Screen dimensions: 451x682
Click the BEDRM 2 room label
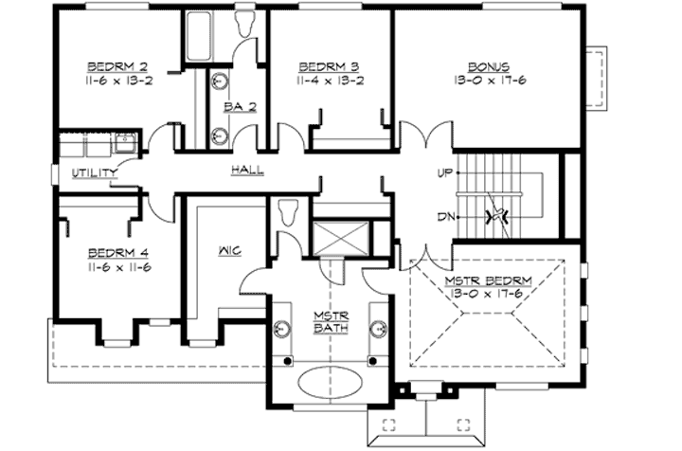click(x=117, y=67)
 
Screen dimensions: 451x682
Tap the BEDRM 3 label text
click(x=328, y=67)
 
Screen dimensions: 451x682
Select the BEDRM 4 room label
click(x=117, y=253)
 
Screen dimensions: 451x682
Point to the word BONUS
click(x=489, y=67)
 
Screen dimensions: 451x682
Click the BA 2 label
click(x=235, y=106)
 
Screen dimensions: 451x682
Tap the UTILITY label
click(x=95, y=172)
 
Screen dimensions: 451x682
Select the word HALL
click(x=246, y=170)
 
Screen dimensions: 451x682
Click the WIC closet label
click(x=229, y=250)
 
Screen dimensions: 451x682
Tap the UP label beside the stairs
click(x=443, y=173)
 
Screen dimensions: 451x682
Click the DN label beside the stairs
click(x=443, y=216)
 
